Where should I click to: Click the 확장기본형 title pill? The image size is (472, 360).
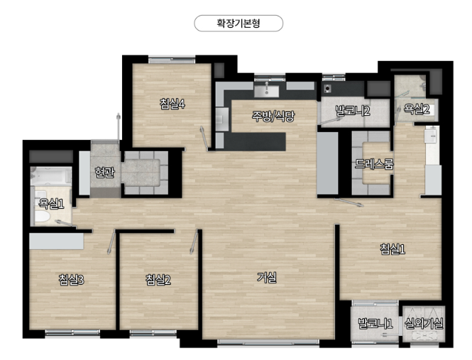[238, 23]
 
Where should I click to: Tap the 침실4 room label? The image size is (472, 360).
[172, 104]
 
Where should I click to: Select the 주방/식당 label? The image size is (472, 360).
[273, 116]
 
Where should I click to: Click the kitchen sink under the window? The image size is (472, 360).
[267, 91]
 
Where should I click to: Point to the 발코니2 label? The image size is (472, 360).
[353, 111]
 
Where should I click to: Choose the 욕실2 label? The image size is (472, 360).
[417, 109]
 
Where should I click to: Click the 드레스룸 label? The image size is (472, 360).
[374, 163]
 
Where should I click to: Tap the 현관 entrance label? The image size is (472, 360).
[104, 173]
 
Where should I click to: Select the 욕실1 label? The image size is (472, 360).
[52, 204]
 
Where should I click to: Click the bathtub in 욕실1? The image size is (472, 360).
[51, 176]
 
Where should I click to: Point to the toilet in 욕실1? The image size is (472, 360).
[42, 217]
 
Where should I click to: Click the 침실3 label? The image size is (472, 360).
[72, 280]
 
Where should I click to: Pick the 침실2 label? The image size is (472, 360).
[158, 280]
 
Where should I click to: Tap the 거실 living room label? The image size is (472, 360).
[267, 277]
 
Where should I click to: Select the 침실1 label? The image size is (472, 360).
[393, 249]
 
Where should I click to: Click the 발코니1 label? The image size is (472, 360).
[375, 324]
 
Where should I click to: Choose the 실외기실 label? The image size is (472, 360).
[424, 324]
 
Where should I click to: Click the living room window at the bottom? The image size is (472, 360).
[268, 342]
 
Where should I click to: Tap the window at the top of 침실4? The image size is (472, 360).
[172, 60]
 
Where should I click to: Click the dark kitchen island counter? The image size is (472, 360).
[255, 141]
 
